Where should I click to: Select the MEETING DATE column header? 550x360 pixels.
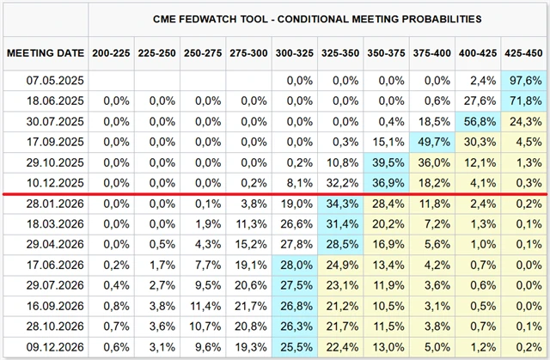click(x=46, y=52)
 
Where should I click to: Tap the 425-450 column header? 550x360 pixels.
click(x=523, y=52)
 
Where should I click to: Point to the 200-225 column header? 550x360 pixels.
click(x=113, y=52)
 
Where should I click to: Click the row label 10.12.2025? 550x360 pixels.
click(x=46, y=183)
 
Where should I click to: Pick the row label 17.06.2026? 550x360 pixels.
click(x=46, y=265)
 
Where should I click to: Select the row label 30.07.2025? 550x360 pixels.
click(x=46, y=121)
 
